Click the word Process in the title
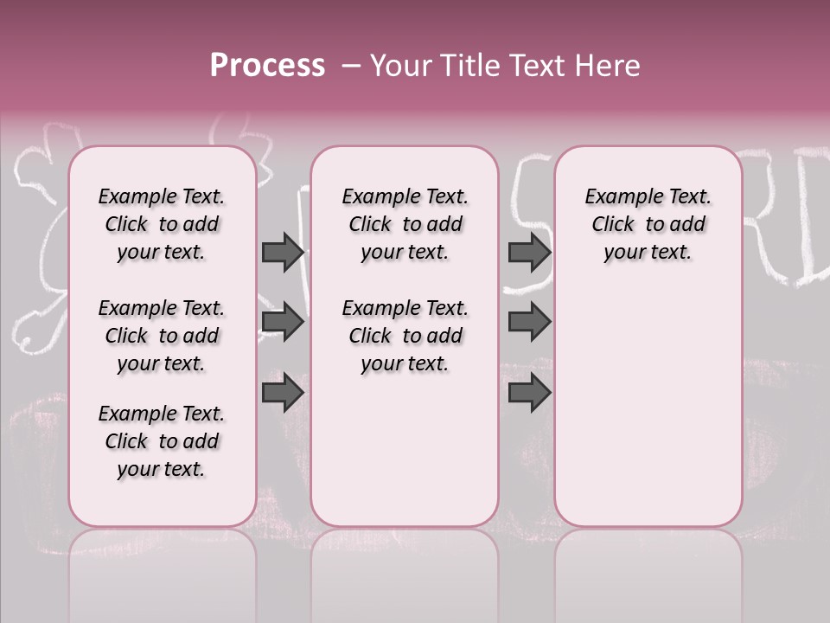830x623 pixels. click(267, 66)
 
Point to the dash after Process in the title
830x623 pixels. click(351, 67)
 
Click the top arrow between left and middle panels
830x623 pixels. click(283, 252)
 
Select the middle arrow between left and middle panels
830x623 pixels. click(283, 323)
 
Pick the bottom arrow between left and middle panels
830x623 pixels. click(283, 393)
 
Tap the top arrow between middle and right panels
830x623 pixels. click(529, 252)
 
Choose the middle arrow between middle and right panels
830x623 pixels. click(529, 323)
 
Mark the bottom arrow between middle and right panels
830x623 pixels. click(529, 393)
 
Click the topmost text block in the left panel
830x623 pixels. click(162, 224)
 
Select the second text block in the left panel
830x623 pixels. click(162, 336)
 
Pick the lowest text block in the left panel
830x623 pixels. click(162, 441)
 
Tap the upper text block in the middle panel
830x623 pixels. click(405, 224)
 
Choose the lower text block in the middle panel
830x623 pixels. click(405, 336)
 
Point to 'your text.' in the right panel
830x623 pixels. click(648, 253)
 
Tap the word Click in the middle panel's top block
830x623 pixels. click(370, 225)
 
